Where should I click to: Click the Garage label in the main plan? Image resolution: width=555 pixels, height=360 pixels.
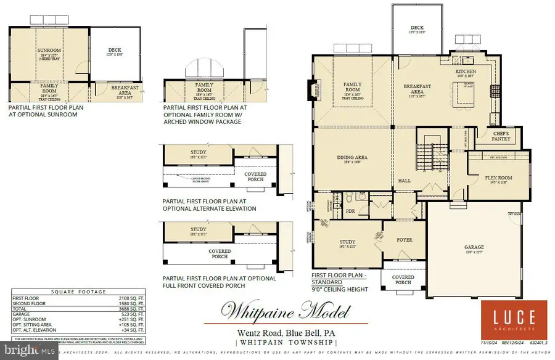474,247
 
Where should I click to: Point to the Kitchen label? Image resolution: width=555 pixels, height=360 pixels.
466,72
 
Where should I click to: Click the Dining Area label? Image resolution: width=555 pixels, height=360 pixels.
352,157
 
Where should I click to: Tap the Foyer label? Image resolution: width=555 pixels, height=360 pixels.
405,240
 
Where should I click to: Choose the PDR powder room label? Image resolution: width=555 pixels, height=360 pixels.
350,210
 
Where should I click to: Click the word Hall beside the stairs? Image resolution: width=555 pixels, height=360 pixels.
404,181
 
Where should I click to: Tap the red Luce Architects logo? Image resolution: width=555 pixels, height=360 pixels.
513,319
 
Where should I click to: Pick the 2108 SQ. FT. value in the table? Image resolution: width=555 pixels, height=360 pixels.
131,298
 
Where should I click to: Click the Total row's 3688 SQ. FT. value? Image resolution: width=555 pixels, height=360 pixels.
131,308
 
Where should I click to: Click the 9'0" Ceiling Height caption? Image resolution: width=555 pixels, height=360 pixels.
340,289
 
